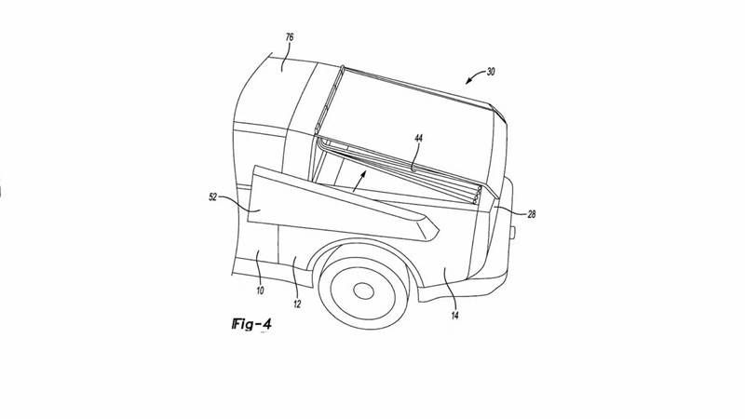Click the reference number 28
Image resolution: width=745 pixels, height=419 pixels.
[x=531, y=215]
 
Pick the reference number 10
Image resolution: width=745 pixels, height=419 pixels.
[x=260, y=291]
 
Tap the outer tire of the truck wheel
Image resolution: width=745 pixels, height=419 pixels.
[x=325, y=279]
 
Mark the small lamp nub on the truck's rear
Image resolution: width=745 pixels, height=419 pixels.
[x=513, y=232]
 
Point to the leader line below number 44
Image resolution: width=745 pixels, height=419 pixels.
[x=413, y=155]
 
